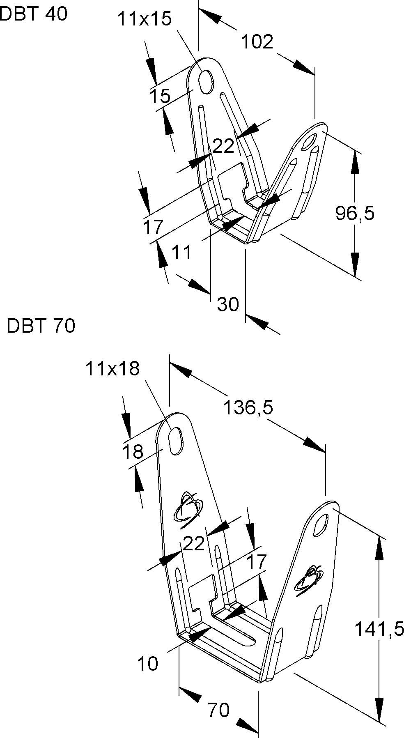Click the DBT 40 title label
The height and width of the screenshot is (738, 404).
click(x=33, y=14)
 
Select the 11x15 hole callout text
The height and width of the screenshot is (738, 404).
click(x=144, y=19)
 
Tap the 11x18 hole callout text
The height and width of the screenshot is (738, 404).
click(x=112, y=369)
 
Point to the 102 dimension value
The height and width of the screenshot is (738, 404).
click(x=257, y=42)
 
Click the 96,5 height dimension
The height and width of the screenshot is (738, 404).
click(x=355, y=213)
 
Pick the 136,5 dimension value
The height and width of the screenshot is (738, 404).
click(x=248, y=408)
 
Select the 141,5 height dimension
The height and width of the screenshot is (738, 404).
click(x=379, y=629)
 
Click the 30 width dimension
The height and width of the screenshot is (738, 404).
click(x=228, y=304)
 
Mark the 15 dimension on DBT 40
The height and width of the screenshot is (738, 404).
click(x=159, y=97)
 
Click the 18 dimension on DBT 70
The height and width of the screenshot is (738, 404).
click(x=133, y=452)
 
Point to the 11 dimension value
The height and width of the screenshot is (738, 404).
click(x=181, y=252)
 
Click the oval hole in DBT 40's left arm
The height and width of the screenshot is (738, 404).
click(x=206, y=80)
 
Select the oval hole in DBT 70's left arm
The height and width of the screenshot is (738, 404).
click(x=176, y=441)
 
